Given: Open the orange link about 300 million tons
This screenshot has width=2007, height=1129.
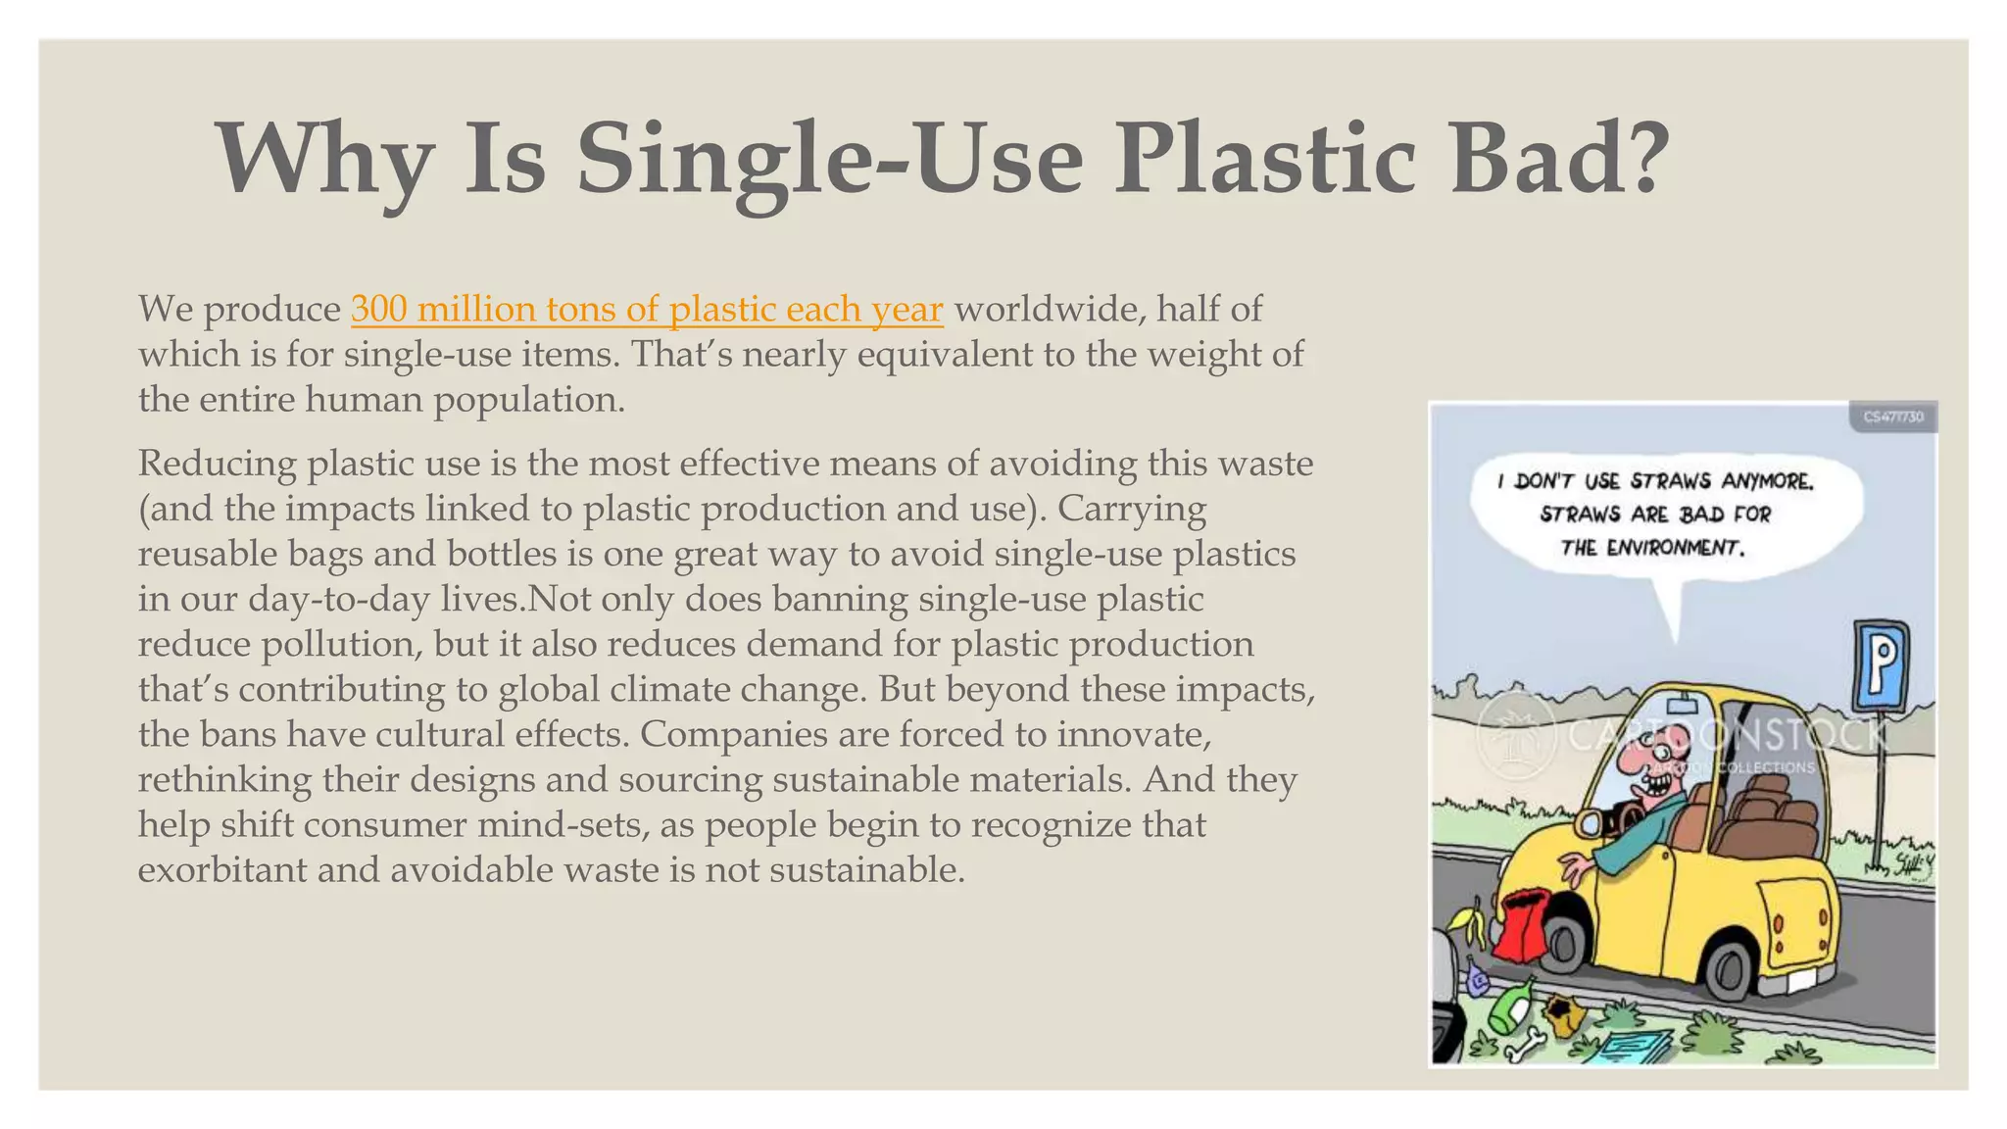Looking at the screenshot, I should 647,309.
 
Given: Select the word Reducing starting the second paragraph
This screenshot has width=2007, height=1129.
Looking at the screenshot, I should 217,463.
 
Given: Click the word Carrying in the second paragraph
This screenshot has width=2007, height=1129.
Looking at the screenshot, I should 1132,508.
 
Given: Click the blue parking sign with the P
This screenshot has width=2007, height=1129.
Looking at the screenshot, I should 1880,665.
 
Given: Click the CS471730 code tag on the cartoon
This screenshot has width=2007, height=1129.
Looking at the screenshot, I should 1892,417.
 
